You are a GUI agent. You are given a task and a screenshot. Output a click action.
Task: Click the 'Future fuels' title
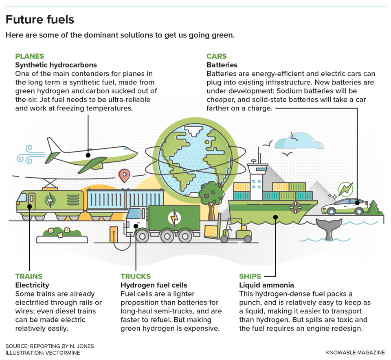pos(40,19)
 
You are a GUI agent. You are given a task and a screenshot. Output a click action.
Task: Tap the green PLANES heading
pos(29,56)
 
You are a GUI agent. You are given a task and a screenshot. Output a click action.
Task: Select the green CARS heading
pos(216,56)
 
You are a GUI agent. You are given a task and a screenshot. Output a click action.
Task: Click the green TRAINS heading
pos(29,276)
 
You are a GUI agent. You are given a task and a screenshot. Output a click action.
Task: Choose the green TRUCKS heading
pos(136,276)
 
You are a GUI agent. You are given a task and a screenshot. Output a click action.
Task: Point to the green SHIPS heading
pos(250,276)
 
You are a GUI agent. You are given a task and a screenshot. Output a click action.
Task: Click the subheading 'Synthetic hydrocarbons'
pos(56,65)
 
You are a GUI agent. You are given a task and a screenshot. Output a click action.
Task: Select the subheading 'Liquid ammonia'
pos(266,285)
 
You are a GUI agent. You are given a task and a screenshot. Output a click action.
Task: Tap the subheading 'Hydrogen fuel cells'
pos(154,285)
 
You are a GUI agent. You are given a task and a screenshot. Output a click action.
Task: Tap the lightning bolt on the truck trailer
pos(174,218)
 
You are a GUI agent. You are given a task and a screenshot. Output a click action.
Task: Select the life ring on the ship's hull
pos(295,207)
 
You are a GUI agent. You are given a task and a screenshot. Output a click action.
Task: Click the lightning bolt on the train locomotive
pos(49,201)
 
